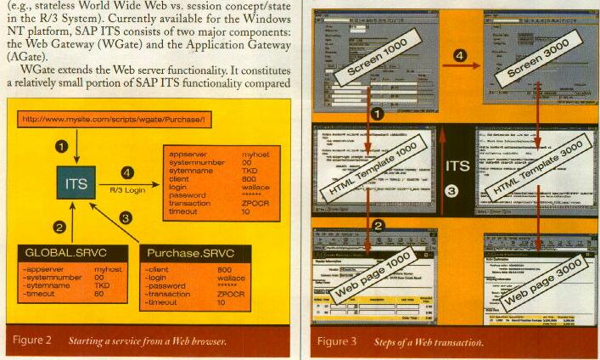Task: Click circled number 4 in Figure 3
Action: [x=460, y=57]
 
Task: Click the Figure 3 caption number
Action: [x=337, y=342]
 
